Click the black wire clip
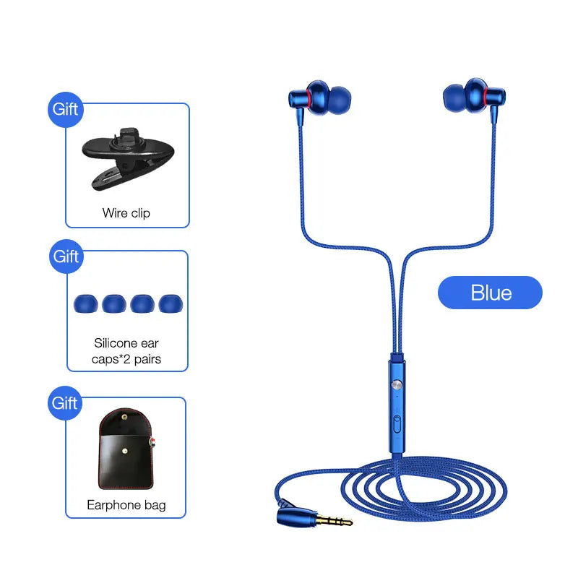128,159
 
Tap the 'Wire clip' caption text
126,213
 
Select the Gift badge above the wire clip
65,110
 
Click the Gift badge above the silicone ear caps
66,256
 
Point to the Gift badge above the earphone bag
65,403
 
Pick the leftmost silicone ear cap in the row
85,303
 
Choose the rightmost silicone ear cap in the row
171,303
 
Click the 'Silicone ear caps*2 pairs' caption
126,351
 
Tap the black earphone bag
126,449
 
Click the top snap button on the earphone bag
124,418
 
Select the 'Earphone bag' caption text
126,505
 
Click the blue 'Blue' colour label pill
491,293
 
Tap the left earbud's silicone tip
339,100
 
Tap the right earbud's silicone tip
454,98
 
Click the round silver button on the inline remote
397,385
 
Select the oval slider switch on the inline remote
397,424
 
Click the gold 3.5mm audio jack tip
335,521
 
